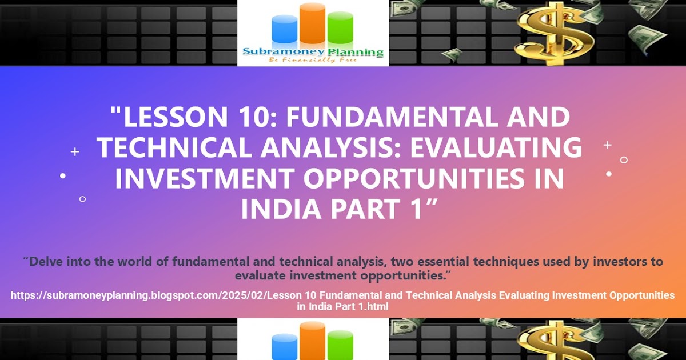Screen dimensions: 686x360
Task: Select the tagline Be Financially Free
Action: [313, 60]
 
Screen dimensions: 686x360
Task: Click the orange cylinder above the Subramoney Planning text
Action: [312, 23]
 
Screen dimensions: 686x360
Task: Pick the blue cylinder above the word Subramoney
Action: [284, 29]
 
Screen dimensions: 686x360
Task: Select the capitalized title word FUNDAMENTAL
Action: [392, 117]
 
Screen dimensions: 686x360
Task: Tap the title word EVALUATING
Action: [496, 147]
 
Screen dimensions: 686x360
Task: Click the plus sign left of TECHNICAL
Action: [75, 151]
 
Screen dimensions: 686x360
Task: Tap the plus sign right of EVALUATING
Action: [607, 145]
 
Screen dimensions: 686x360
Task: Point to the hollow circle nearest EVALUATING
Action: [624, 160]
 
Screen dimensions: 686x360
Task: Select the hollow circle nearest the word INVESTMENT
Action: [82, 199]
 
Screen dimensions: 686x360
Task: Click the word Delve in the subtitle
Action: [45, 262]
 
